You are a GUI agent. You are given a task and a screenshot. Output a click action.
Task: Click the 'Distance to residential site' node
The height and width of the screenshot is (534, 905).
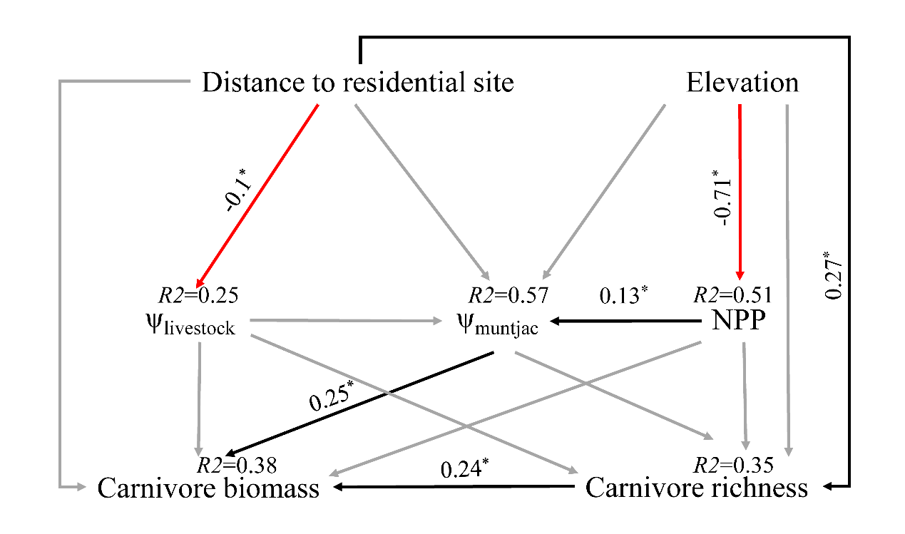click(357, 83)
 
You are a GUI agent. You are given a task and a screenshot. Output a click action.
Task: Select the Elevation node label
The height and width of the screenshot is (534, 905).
click(742, 83)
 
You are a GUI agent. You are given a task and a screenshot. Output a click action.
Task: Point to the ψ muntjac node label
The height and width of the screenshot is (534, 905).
click(498, 327)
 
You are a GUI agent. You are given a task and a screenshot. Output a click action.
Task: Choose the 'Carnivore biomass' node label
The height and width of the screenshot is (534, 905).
click(208, 489)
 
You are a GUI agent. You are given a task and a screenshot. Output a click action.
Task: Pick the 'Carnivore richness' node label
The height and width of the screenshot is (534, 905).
click(696, 489)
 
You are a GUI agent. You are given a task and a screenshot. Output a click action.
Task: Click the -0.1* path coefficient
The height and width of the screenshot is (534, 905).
click(236, 193)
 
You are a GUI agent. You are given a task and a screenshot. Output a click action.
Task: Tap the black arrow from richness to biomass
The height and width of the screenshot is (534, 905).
click(456, 488)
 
